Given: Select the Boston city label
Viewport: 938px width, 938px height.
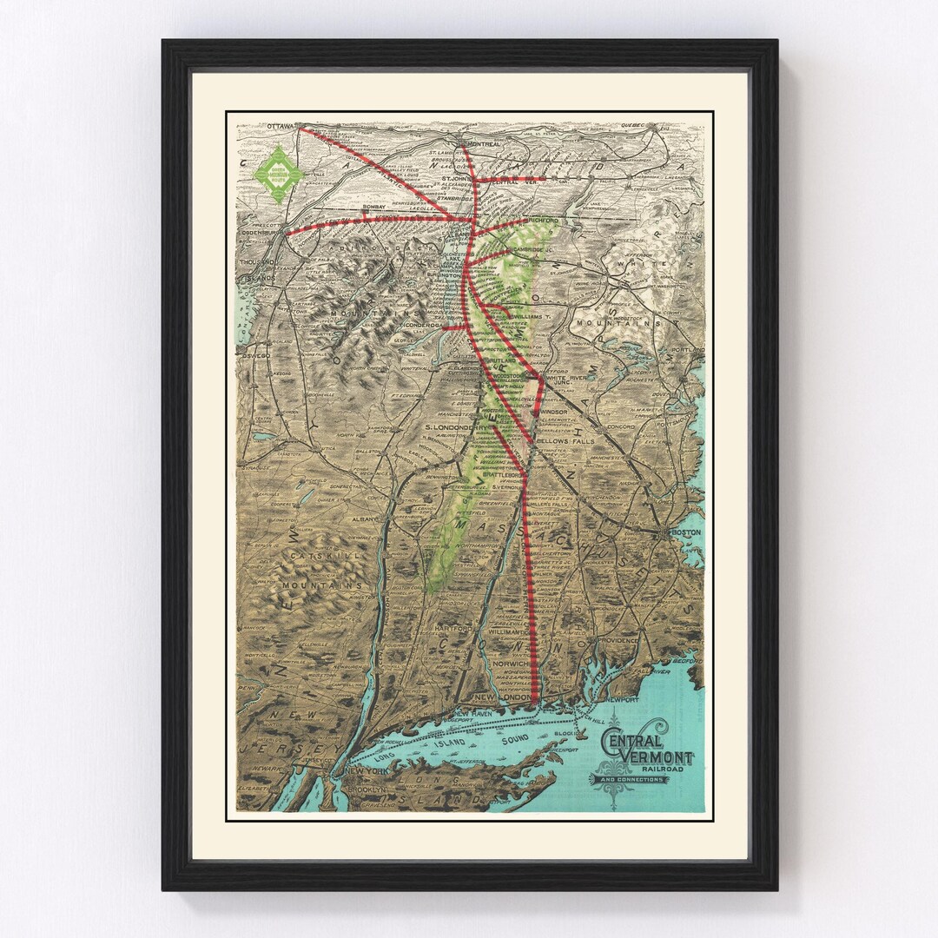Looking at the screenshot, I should [x=681, y=532].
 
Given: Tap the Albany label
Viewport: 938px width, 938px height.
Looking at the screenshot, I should [x=366, y=519].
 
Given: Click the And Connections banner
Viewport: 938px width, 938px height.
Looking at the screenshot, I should [x=632, y=779].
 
